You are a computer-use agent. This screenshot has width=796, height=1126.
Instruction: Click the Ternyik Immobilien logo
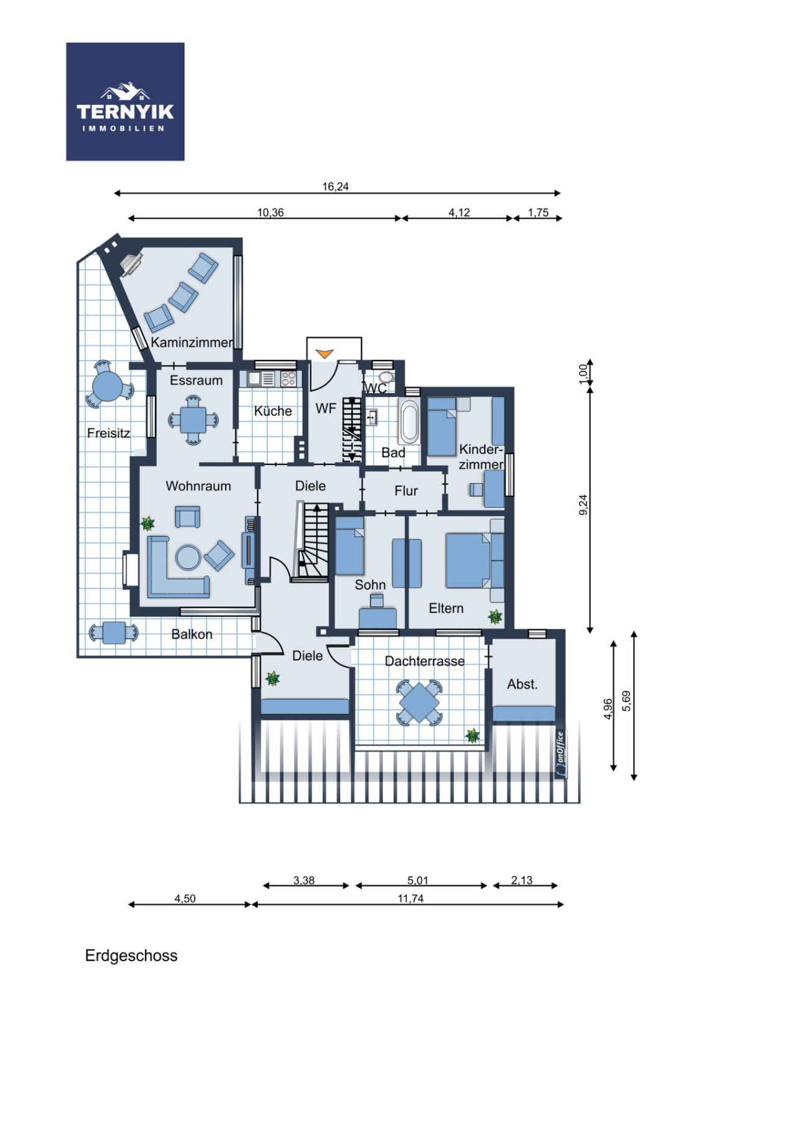click(x=125, y=102)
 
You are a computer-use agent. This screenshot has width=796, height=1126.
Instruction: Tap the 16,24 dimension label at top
click(x=335, y=187)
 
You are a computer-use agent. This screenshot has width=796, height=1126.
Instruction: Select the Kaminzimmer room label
click(x=192, y=343)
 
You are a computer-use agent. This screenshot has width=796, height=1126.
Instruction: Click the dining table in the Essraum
click(x=193, y=421)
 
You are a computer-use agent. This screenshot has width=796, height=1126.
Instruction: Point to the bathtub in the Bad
click(x=409, y=423)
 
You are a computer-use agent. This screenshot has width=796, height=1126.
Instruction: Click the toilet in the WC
click(x=386, y=377)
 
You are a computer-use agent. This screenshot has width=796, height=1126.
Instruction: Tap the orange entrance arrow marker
click(x=324, y=354)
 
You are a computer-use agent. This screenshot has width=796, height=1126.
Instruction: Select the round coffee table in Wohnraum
click(x=188, y=557)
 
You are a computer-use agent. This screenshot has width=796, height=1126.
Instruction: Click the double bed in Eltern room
click(x=468, y=560)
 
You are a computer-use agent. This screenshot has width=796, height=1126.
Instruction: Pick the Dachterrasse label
click(x=425, y=662)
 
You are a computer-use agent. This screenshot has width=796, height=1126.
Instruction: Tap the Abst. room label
click(x=522, y=685)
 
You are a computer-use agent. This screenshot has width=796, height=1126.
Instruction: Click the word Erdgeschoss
click(x=131, y=956)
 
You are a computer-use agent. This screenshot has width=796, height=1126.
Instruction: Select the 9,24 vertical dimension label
click(x=583, y=505)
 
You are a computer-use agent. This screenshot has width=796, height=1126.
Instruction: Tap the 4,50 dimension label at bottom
click(x=185, y=898)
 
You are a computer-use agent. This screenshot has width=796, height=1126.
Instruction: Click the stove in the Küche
click(x=288, y=379)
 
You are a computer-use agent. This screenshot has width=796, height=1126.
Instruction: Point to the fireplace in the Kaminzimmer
click(x=131, y=264)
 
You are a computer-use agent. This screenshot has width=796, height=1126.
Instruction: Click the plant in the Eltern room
click(x=495, y=617)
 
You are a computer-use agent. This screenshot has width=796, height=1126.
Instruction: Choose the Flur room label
click(x=406, y=491)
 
